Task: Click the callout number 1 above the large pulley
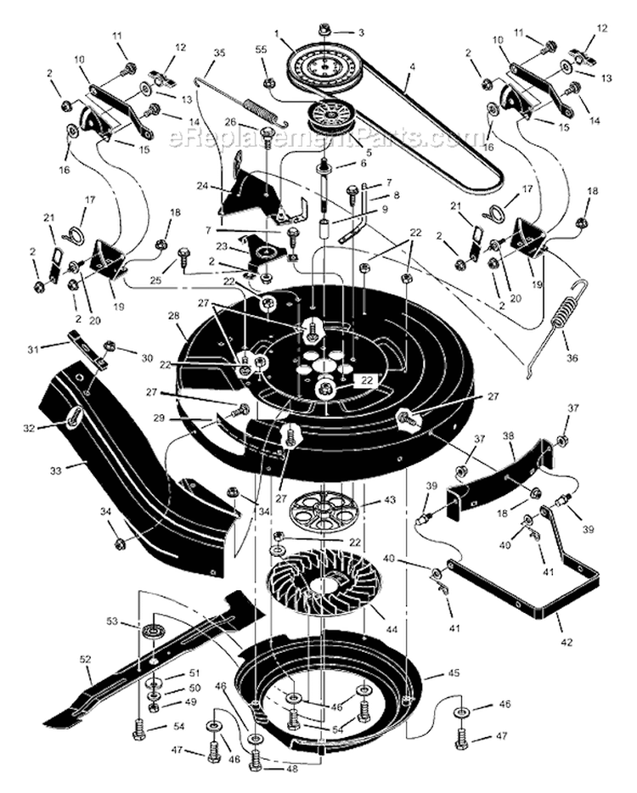[276, 33]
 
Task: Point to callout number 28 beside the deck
[175, 317]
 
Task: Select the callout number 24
[202, 184]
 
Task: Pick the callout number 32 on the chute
[31, 429]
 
